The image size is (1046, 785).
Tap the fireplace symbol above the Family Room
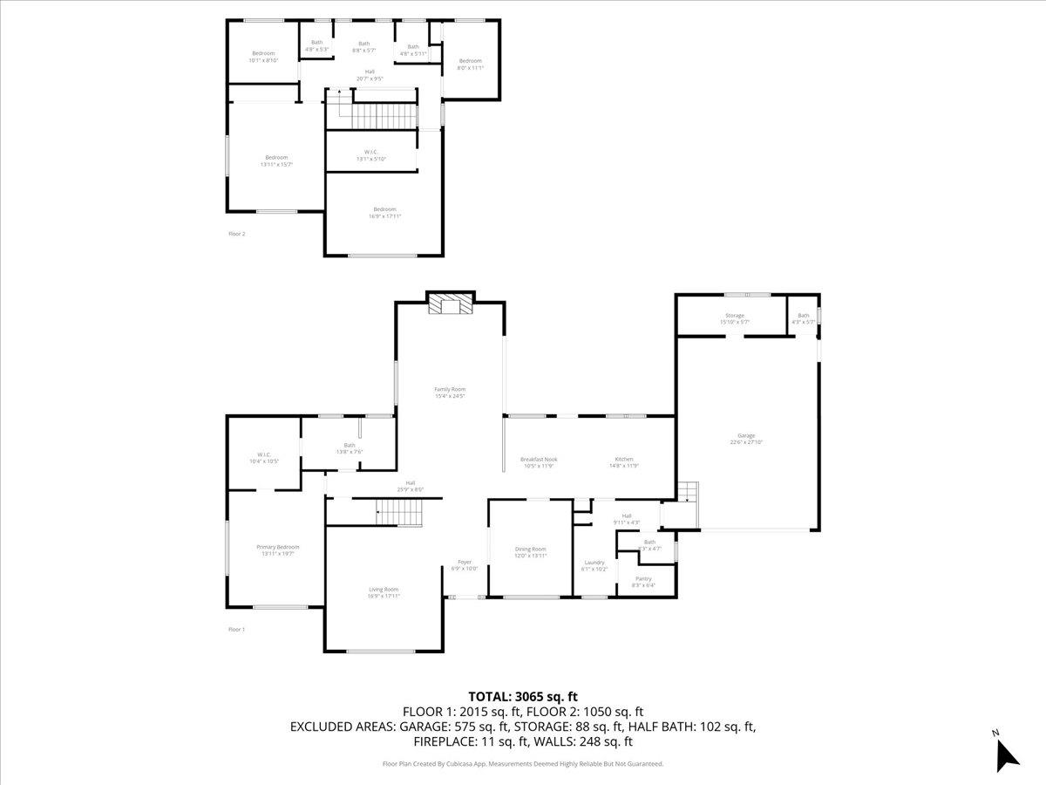click(x=451, y=304)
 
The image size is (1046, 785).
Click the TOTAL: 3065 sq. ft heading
click(x=523, y=696)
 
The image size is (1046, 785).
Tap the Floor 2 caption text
click(x=237, y=234)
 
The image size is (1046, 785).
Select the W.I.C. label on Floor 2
click(x=370, y=154)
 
